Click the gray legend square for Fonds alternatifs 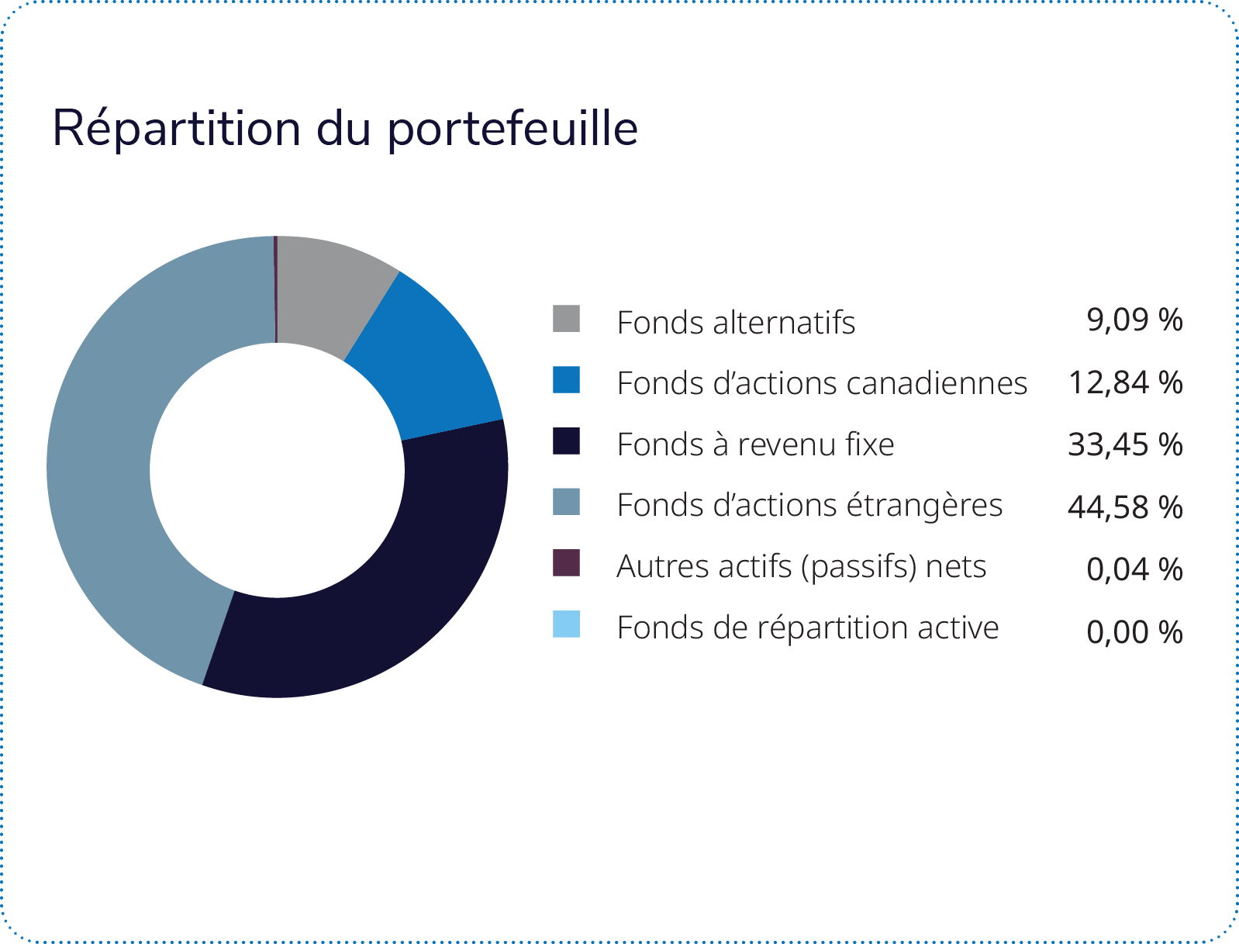point(566,319)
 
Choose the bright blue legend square point(566,379)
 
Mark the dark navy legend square point(566,441)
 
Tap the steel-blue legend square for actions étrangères point(566,501)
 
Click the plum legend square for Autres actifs point(566,562)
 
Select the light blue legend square point(566,624)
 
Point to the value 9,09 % point(1134,320)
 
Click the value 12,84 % point(1126,382)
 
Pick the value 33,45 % point(1126,444)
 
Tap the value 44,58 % point(1126,507)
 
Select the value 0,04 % point(1134,569)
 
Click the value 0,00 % point(1134,631)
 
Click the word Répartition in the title point(176,129)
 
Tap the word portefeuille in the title point(513,129)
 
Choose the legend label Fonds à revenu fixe point(755,444)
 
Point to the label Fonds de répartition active point(808,628)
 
